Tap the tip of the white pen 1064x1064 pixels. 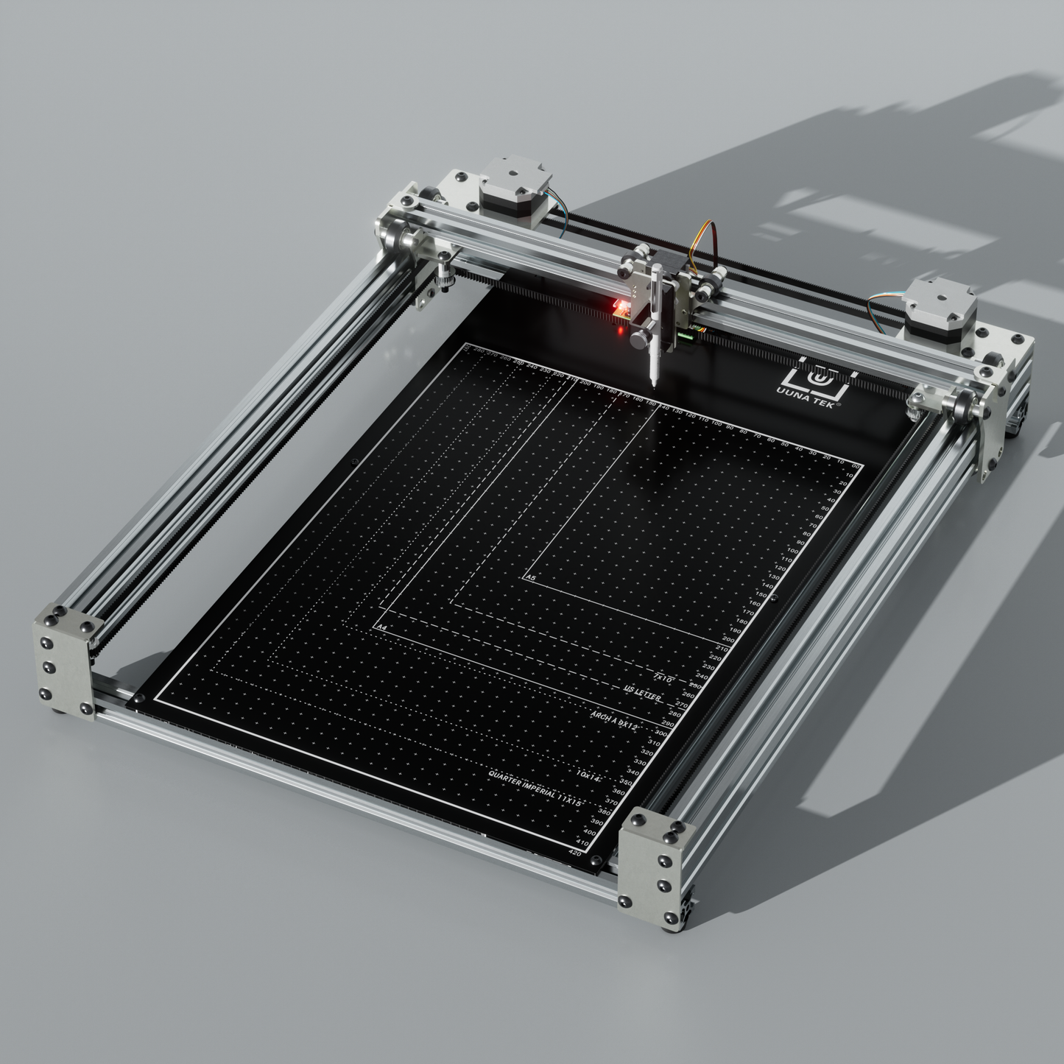pos(652,384)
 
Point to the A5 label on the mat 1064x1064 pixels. pos(530,579)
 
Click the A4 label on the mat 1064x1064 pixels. pos(381,627)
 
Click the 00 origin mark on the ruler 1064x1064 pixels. pos(855,467)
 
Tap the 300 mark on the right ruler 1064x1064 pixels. pos(660,734)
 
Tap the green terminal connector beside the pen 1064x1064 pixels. pos(686,336)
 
